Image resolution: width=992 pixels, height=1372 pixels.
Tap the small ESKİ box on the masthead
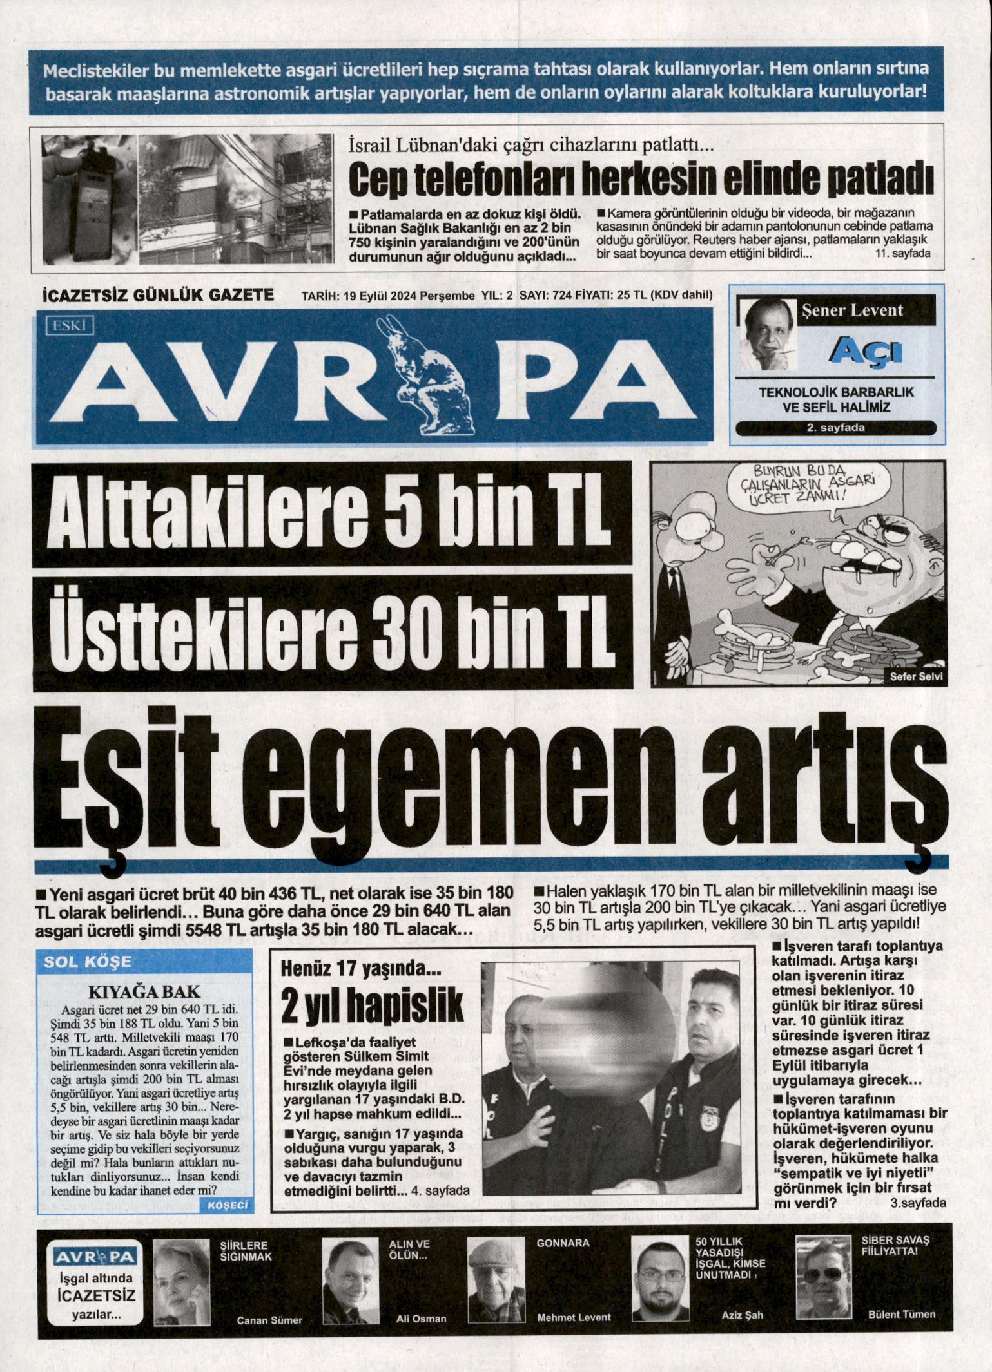[70, 325]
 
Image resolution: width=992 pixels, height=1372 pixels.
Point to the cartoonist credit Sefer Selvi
[915, 676]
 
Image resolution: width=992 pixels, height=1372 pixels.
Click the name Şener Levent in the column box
[852, 310]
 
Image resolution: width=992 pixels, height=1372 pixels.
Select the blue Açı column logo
[865, 350]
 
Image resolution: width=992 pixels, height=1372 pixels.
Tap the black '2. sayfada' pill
[835, 427]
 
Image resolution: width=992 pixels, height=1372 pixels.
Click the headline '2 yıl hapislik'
[373, 1005]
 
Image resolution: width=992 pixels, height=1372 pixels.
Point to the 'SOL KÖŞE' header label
[87, 962]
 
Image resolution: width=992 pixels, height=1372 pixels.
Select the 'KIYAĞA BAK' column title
[144, 991]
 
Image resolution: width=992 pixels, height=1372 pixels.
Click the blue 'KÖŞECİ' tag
[229, 1205]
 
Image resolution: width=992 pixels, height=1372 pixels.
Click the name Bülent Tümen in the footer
[901, 1314]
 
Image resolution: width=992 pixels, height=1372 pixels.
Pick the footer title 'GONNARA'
[563, 1243]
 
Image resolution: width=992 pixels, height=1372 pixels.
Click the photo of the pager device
[90, 200]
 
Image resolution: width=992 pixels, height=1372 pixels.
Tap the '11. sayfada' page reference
[902, 253]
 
